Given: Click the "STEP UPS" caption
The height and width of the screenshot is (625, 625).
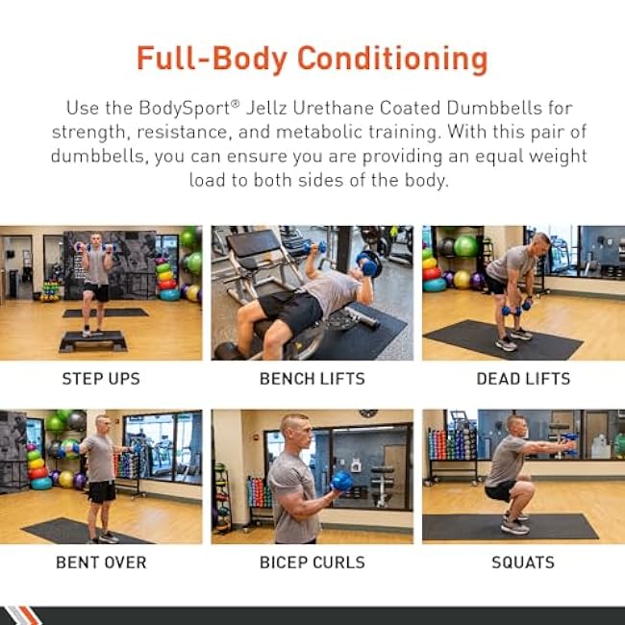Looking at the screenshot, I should (x=101, y=379).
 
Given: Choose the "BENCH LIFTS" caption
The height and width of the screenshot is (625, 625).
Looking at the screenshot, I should (x=312, y=379).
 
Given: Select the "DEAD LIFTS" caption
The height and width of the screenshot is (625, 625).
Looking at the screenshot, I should (x=523, y=379).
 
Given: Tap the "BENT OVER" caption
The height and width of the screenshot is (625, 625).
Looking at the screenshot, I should (x=101, y=562).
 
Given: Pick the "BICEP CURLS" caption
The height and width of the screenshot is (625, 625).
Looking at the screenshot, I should (x=312, y=562).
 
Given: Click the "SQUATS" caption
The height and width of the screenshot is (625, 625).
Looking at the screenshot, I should (x=523, y=562).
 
